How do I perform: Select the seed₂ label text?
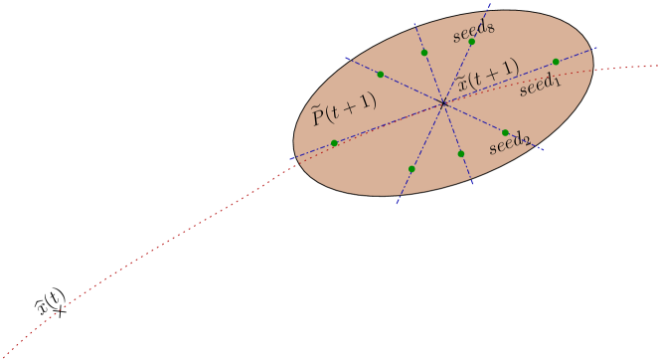point(509,146)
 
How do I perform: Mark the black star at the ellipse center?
point(443,102)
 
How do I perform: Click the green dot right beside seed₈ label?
point(471,42)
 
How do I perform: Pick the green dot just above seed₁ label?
point(556,62)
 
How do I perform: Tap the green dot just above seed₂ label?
point(505,132)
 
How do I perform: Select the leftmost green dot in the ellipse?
point(334,143)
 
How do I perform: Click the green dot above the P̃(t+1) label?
point(380,74)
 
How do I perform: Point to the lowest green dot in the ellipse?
point(412,169)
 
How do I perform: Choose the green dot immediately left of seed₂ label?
point(461,153)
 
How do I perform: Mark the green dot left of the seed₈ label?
point(424,52)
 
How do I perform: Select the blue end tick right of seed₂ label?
point(541,148)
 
